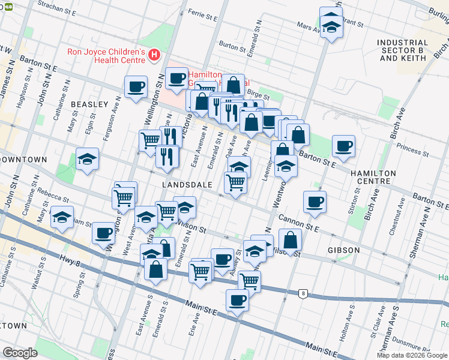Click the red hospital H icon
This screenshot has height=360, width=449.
pos(154,56)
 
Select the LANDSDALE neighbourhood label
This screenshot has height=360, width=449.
pos(187,185)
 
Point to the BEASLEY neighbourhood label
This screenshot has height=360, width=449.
pos(89,104)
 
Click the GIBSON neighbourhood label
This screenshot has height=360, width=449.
pos(344,250)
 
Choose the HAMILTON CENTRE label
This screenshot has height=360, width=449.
pos(373,178)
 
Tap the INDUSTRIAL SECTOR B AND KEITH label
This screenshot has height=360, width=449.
pos(403,50)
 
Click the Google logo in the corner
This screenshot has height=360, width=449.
pos(20,353)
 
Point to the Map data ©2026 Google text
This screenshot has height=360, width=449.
pos(412,355)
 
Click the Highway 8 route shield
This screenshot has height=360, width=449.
pos(304,293)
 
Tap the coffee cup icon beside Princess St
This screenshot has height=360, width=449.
pos(343,146)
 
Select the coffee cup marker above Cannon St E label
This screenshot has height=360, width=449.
pos(314,202)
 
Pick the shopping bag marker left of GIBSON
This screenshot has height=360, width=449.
pos(290,240)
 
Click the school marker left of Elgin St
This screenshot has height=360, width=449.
pos(88,160)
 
